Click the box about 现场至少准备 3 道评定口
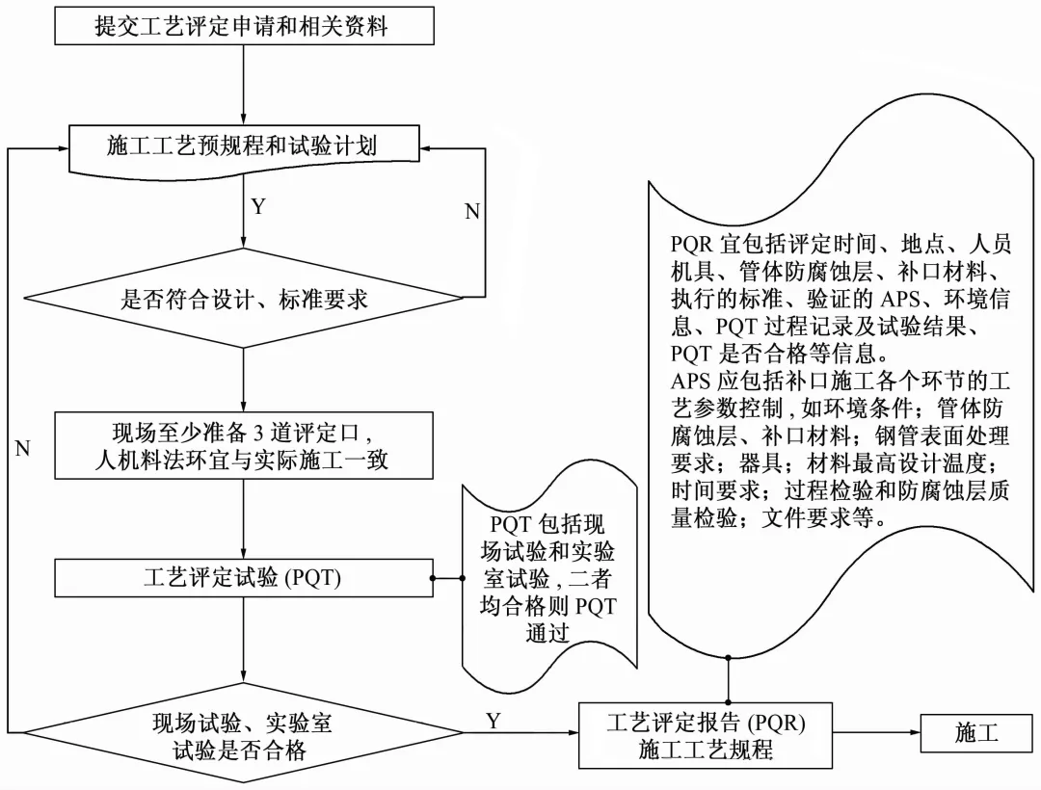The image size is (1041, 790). click(243, 445)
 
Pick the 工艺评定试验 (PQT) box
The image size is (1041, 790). click(243, 578)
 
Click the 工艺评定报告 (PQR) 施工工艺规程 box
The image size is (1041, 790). click(706, 734)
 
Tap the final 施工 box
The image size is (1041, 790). click(976, 734)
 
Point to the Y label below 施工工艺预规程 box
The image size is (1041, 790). click(258, 206)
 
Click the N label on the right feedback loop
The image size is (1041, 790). click(471, 212)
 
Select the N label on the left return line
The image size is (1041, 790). click(23, 448)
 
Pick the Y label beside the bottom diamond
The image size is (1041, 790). click(494, 720)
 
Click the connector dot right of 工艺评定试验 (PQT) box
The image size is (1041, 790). click(434, 578)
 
